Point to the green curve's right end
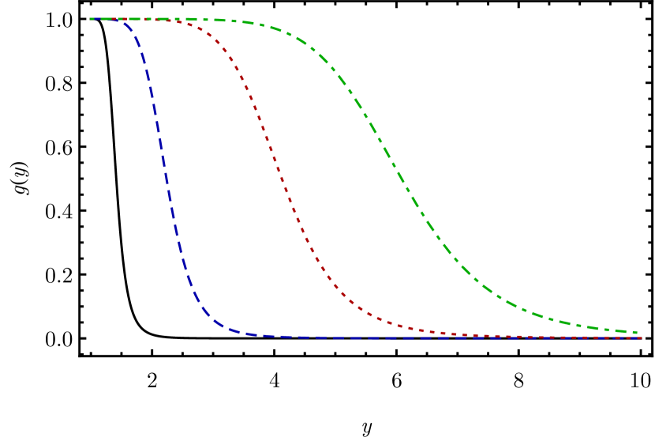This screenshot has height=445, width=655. [x=636, y=333]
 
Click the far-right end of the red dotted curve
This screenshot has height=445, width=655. [x=640, y=338]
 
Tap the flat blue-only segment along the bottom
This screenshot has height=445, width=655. [x=355, y=338]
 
